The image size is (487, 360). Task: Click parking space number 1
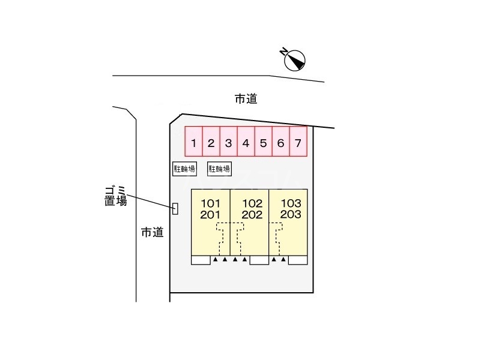(193, 143)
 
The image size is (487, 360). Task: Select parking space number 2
(211, 143)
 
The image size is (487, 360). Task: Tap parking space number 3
(228, 143)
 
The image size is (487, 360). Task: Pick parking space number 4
(246, 143)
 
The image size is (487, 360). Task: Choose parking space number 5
(263, 143)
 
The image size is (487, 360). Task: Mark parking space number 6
(280, 143)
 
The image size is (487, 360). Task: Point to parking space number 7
(298, 143)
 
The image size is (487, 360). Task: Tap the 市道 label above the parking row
(246, 99)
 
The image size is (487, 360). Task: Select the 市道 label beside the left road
(152, 232)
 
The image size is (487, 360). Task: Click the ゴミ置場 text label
(115, 196)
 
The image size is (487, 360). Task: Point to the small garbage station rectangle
(175, 208)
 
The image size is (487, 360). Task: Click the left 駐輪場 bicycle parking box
(184, 169)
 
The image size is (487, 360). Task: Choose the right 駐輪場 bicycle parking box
(219, 169)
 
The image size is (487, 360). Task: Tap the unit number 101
(211, 203)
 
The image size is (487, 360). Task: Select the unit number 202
(252, 215)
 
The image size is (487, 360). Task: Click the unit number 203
(291, 215)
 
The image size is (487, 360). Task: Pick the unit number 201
(211, 215)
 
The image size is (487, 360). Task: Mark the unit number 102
(252, 203)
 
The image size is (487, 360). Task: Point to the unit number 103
(291, 203)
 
